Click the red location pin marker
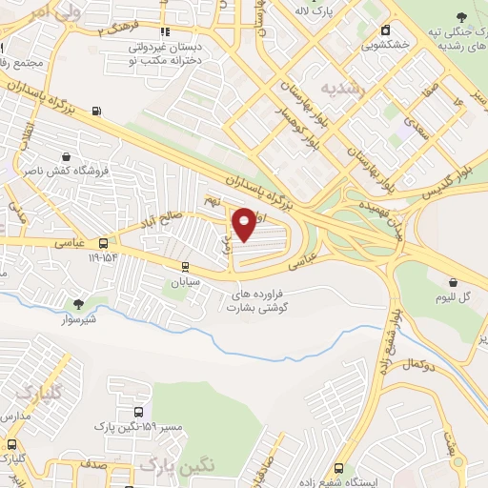pyautogui.click(x=245, y=224)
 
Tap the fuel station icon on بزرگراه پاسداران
pyautogui.click(x=95, y=110)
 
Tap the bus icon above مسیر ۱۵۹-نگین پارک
pyautogui.click(x=139, y=412)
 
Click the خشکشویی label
pyautogui.click(x=386, y=44)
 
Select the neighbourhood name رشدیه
pyautogui.click(x=341, y=88)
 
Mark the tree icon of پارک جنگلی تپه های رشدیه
pyautogui.click(x=462, y=16)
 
